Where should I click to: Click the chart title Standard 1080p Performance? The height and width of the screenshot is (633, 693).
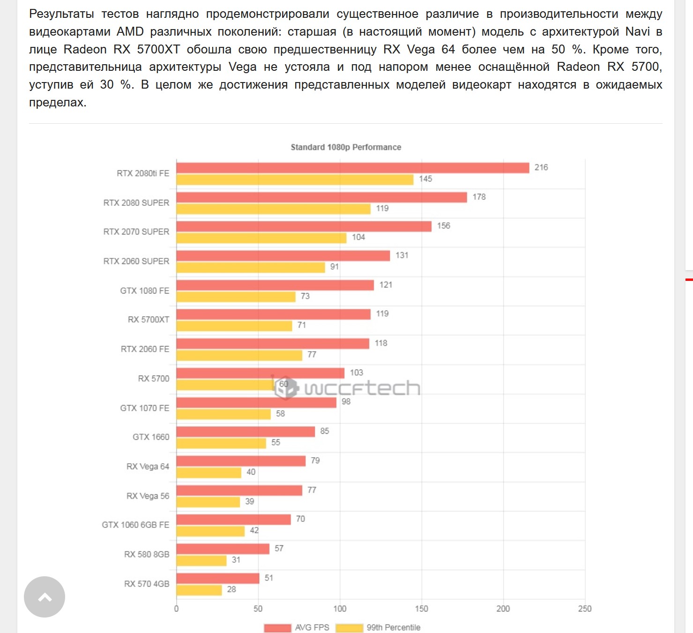pos(346,147)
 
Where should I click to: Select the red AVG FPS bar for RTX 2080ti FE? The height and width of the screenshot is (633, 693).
pos(352,168)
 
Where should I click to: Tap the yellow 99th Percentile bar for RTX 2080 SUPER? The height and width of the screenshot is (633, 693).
pos(273,209)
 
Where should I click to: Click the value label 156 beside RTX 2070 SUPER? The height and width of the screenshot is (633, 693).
pos(443,226)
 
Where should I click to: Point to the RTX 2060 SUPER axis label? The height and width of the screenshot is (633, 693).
pos(136,261)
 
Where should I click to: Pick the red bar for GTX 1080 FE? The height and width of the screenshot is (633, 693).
pos(275,285)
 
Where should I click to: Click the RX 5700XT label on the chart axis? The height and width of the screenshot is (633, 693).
pos(148,320)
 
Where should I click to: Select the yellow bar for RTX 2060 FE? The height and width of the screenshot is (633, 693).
pos(239,355)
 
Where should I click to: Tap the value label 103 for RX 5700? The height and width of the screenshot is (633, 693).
pos(356,373)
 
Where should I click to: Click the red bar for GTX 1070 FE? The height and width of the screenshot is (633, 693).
pos(256,402)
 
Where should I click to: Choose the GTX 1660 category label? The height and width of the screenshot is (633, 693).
pos(150,437)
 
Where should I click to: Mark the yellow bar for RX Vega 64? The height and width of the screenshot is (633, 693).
pos(209,473)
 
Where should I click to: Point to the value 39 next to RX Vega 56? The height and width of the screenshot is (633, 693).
pos(250,502)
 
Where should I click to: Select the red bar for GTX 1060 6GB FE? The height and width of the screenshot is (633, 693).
pos(233,520)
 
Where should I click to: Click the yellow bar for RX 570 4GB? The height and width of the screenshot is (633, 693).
pos(199,590)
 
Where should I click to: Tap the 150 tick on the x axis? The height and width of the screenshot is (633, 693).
pos(421,609)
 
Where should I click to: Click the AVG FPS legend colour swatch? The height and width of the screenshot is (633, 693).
pos(277,628)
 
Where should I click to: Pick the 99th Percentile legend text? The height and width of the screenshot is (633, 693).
pos(393,627)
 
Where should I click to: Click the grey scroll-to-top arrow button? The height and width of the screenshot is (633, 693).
pos(45,597)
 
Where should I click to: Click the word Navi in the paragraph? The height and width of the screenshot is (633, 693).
pos(637,32)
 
